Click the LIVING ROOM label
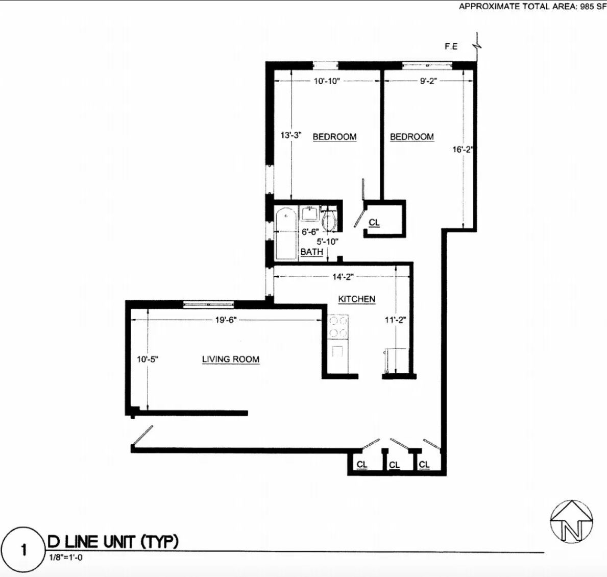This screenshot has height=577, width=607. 231,359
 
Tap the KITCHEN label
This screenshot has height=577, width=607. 356,299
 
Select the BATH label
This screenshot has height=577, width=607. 311,252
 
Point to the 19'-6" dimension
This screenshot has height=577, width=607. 226,320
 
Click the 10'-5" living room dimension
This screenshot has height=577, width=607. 147,359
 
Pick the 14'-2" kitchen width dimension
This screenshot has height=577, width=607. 343,277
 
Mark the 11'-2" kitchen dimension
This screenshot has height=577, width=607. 395,320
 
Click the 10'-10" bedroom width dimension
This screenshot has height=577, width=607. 327,81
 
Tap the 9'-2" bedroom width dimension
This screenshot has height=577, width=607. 428,81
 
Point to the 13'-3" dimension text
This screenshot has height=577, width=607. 291,135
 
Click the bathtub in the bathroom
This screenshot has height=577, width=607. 286,233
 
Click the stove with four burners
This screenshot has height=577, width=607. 338,327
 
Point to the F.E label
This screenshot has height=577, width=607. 451,47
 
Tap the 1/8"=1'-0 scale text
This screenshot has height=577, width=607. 66,558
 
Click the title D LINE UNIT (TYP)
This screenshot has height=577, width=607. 113,541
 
